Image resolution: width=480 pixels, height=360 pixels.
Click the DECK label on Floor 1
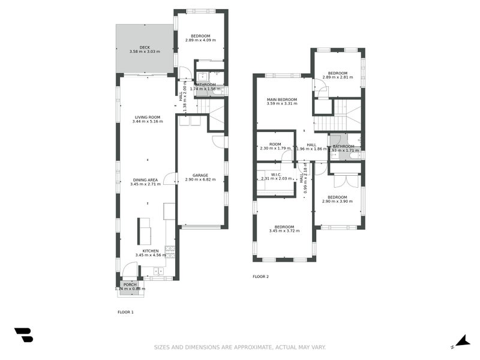pyautogui.click(x=144, y=47)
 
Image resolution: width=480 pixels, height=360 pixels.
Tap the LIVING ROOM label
pyautogui.click(x=147, y=118)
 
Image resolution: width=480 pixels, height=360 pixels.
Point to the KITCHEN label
pyautogui.click(x=151, y=251)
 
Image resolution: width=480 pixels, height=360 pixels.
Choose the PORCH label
pyautogui.click(x=130, y=284)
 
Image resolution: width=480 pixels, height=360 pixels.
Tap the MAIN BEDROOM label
pyautogui.click(x=282, y=100)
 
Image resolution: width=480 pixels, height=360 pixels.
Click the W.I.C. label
pyautogui.click(x=277, y=175)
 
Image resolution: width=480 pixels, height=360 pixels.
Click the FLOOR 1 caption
pyautogui.click(x=125, y=312)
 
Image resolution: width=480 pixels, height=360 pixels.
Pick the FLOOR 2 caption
pyautogui.click(x=260, y=277)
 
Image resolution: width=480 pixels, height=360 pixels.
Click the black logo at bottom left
pyautogui.click(x=23, y=335)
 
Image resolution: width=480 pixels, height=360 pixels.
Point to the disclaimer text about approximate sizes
pyautogui.click(x=240, y=347)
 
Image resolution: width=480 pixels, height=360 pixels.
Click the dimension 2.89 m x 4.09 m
pyautogui.click(x=200, y=40)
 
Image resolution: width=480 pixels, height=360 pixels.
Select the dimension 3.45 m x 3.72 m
pyautogui.click(x=284, y=230)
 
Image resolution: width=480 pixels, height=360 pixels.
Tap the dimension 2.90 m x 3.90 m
pyautogui.click(x=337, y=201)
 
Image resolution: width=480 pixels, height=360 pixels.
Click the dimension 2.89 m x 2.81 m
pyautogui.click(x=338, y=77)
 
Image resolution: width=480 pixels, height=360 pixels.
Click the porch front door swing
pyautogui.click(x=129, y=271)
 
